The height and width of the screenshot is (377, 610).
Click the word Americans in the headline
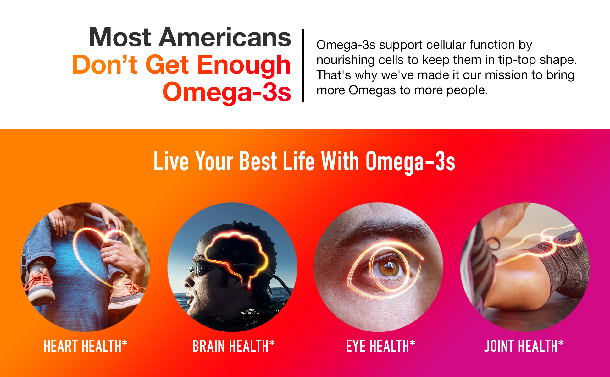pyautogui.click(x=225, y=37)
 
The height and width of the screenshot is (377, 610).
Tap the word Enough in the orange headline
pyautogui.click(x=244, y=65)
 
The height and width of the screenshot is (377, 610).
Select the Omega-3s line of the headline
pyautogui.click(x=227, y=92)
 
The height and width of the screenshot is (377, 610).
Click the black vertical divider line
pyautogui.click(x=303, y=65)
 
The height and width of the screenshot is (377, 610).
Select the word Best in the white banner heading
pyautogui.click(x=258, y=161)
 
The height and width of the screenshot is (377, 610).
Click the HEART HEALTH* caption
pyautogui.click(x=85, y=346)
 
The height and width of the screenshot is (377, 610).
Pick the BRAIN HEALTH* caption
pyautogui.click(x=234, y=346)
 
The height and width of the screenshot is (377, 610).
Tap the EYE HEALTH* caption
pyautogui.click(x=380, y=346)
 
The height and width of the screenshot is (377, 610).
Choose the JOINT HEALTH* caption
pyautogui.click(x=524, y=346)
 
